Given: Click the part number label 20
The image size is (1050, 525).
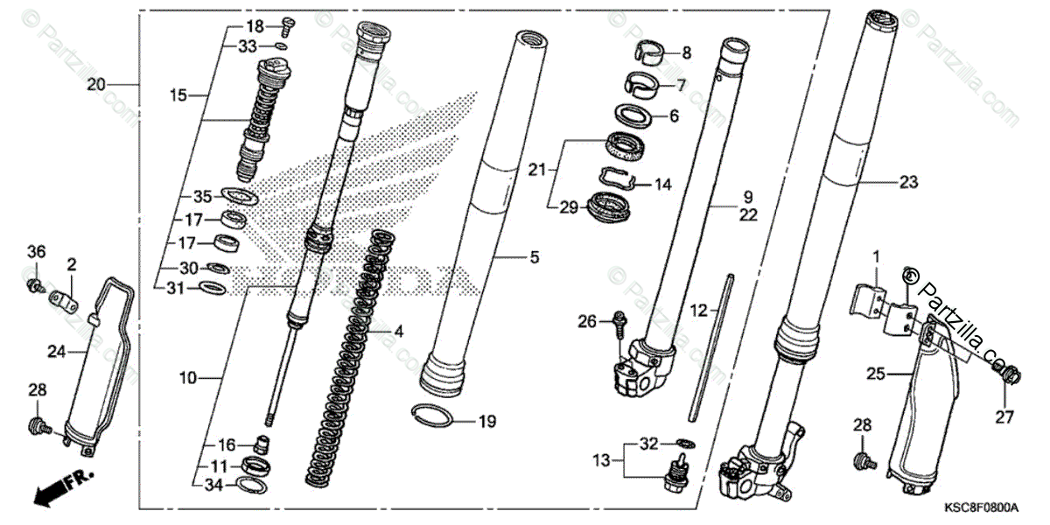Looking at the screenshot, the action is pos(96,85).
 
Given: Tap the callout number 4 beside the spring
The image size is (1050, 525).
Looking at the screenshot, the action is pos(398,332).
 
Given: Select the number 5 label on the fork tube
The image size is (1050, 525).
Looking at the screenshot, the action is pos(534,258).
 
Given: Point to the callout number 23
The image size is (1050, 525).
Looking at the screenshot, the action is pos(908,183).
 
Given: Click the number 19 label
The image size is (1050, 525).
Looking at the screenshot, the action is pos(486,422).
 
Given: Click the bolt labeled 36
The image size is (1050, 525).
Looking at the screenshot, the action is pos(34,285).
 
